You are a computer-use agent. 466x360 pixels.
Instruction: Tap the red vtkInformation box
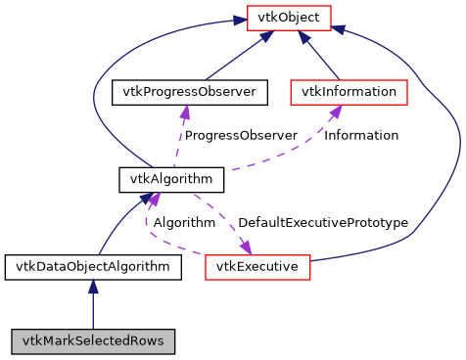click(349, 92)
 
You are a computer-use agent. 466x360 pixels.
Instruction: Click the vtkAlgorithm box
click(171, 179)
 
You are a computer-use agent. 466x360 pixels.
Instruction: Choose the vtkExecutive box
click(257, 266)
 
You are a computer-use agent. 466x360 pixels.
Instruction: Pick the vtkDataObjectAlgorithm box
click(92, 266)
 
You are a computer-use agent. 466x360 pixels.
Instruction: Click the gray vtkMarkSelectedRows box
click(93, 341)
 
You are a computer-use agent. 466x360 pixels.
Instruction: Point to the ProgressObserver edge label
click(241, 135)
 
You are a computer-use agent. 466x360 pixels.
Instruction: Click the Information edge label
click(361, 135)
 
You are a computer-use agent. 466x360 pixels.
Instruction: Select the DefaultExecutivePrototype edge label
click(322, 223)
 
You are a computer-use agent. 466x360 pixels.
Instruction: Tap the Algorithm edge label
click(183, 223)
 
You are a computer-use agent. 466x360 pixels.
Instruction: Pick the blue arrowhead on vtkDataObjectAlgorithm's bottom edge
click(93, 286)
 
